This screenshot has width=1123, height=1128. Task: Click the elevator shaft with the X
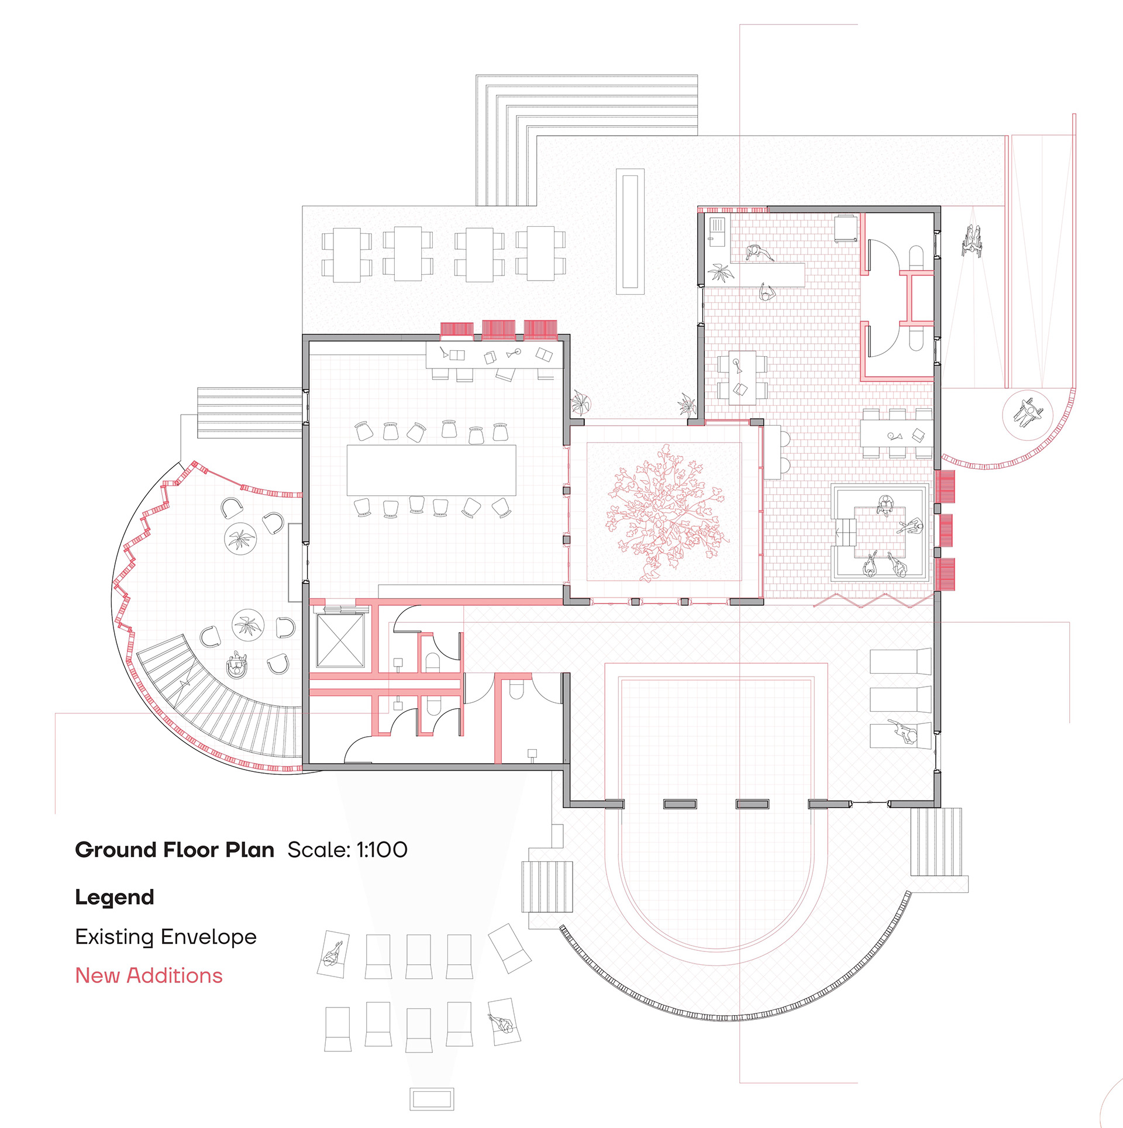(339, 640)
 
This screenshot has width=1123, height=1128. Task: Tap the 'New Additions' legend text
(149, 975)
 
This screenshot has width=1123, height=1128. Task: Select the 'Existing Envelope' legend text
(166, 936)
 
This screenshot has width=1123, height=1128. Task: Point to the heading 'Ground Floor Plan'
(174, 850)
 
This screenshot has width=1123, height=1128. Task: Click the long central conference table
(431, 470)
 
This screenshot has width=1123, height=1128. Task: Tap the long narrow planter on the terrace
(630, 232)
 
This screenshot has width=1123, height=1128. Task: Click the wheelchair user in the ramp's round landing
(1027, 413)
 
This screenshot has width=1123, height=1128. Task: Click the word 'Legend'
(115, 897)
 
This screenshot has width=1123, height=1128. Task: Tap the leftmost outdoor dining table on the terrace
(346, 254)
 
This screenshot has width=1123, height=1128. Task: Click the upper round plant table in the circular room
(240, 539)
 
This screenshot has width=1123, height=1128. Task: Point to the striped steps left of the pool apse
(547, 886)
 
